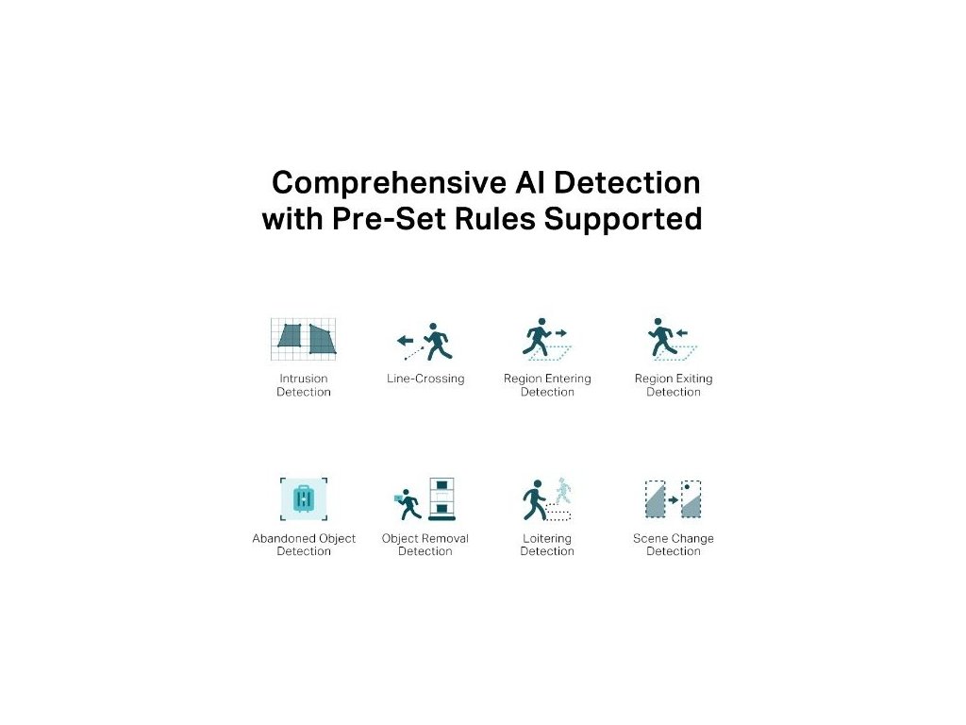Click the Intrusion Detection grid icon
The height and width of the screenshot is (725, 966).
tap(304, 338)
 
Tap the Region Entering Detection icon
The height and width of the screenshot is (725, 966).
tap(547, 340)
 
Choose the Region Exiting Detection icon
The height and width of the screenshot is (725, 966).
tap(673, 340)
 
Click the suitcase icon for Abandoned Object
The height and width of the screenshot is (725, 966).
tap(304, 498)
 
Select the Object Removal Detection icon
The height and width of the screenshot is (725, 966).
tap(425, 500)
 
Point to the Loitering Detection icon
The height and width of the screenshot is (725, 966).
tap(547, 499)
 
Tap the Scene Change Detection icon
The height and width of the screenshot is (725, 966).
tap(673, 499)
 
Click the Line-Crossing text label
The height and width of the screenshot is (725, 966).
tap(425, 379)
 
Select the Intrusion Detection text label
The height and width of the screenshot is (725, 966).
tap(304, 385)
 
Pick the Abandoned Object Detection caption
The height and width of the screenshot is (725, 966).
tap(304, 545)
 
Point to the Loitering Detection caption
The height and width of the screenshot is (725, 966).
tap(547, 545)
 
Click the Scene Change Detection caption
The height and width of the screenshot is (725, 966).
tap(673, 545)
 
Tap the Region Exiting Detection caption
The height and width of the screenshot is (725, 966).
tap(673, 385)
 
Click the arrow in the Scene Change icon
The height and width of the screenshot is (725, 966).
tap(674, 500)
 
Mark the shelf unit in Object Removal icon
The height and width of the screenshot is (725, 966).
tap(441, 500)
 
